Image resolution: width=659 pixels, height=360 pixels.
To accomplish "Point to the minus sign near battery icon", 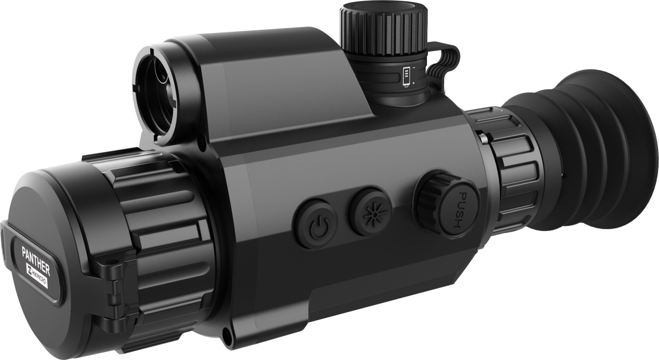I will tap(414, 68).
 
